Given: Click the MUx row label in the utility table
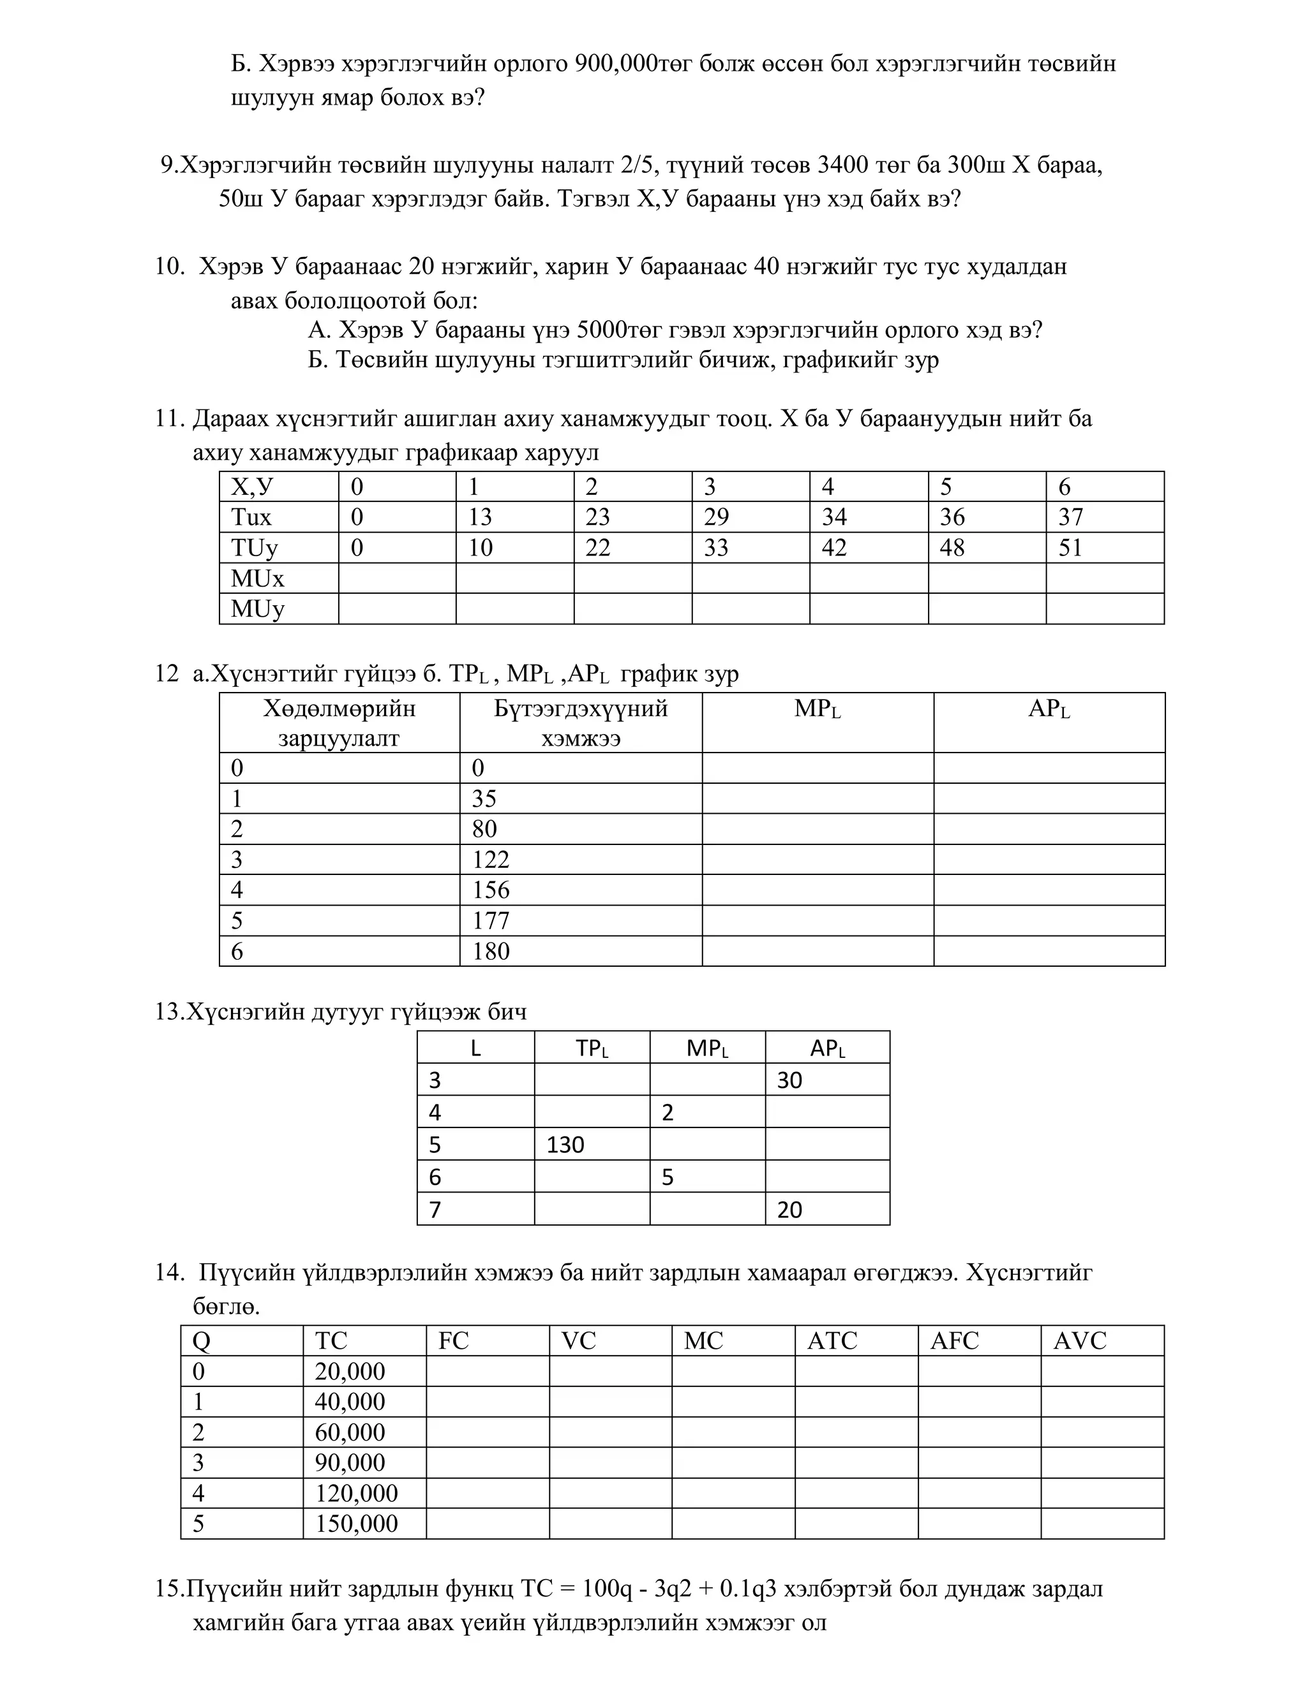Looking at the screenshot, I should [x=257, y=578].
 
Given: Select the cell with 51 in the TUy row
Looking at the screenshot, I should [x=1070, y=548].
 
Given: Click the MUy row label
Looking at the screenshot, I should [x=257, y=609].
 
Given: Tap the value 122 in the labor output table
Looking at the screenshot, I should [x=490, y=860].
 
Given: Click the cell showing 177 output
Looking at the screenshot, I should [x=490, y=921].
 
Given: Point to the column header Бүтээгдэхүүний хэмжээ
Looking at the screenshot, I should [x=581, y=723].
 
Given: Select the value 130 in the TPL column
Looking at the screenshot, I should [x=565, y=1145].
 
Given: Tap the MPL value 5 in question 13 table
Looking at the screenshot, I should [x=668, y=1178].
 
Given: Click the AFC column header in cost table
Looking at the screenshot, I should [x=954, y=1341].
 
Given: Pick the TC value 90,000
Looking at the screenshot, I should [x=350, y=1463].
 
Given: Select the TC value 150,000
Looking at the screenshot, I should [x=356, y=1524].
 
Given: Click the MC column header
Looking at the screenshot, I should [x=703, y=1341].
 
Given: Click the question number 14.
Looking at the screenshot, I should [x=168, y=1273].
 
